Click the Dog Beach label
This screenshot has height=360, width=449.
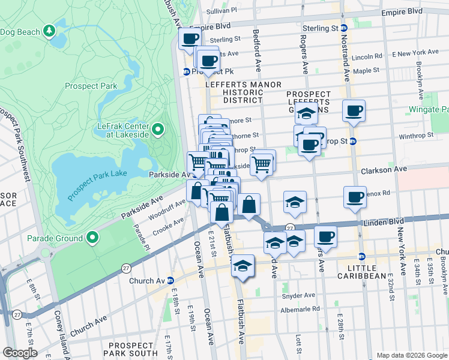[20, 32]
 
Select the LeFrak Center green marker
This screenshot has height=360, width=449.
[158, 130]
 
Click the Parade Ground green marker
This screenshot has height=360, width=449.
[92, 238]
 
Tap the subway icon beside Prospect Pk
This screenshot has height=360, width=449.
[186, 71]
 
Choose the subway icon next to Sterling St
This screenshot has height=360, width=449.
[345, 28]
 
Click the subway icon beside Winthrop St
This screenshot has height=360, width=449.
[353, 142]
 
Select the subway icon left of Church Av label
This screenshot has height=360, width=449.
[170, 280]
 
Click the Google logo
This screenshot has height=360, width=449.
[20, 353]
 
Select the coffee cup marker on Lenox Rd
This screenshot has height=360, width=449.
[355, 197]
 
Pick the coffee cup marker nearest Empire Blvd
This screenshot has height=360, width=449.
[190, 39]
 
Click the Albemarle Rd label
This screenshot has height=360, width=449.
[300, 310]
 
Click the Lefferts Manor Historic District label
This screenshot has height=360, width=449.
[243, 92]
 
